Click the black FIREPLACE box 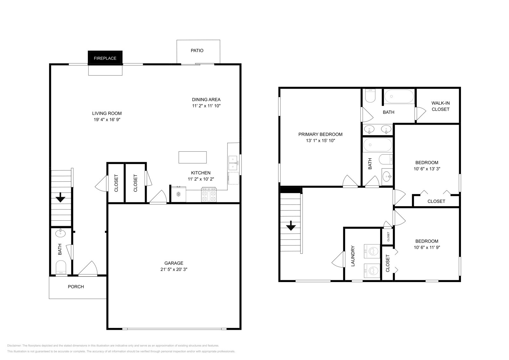tap(105, 58)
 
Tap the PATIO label tap(197, 51)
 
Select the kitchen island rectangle tap(192, 157)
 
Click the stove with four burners tap(209, 195)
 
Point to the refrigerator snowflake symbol tap(178, 194)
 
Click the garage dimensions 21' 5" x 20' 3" tap(174, 269)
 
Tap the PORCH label tap(76, 287)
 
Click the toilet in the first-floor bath tap(60, 267)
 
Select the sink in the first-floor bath tap(60, 234)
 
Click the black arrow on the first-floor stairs tap(60, 199)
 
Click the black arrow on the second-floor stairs tap(291, 227)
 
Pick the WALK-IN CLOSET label tap(440, 106)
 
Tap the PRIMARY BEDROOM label tap(320, 134)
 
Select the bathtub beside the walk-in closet tap(399, 96)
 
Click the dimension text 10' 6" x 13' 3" tap(427, 169)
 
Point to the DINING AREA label tap(206, 100)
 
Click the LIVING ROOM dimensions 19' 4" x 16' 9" tap(107, 120)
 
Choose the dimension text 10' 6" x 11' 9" tap(427, 247)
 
